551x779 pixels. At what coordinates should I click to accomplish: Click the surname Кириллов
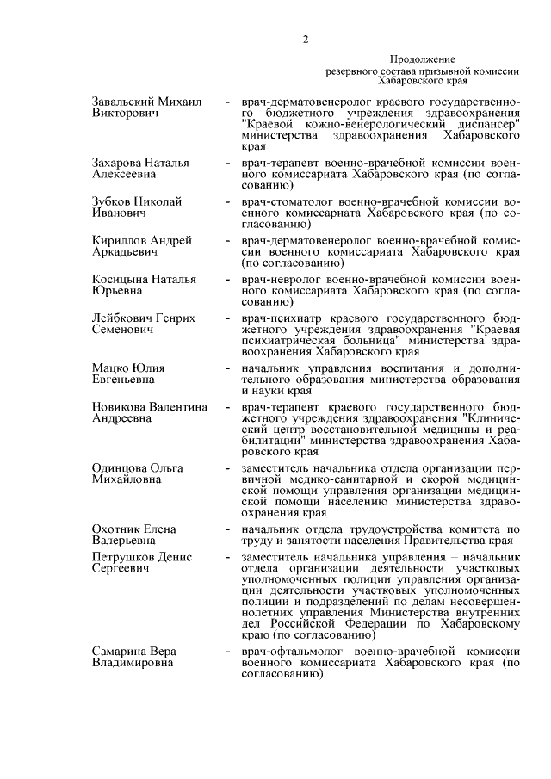click(x=120, y=240)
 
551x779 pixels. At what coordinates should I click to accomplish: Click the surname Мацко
click(x=110, y=368)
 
